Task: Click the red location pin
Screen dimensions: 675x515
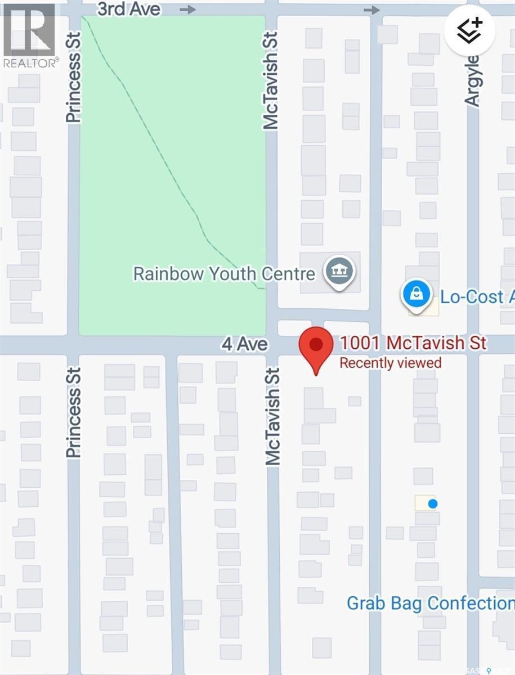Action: point(316,346)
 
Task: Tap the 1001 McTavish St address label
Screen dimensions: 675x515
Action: point(413,343)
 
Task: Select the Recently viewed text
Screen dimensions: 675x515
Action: point(390,363)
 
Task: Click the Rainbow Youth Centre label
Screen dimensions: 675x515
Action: point(224,274)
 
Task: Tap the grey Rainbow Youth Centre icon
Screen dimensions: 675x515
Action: point(339,272)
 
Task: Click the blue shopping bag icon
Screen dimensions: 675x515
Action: point(416,295)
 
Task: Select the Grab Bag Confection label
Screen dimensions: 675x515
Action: point(430,604)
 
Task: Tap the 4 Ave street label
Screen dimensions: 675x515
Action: point(244,344)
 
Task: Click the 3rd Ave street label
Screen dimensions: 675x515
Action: point(128,9)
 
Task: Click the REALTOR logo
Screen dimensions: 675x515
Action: point(29,35)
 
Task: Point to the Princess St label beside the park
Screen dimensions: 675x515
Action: point(74,77)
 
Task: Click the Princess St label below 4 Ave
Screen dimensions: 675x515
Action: point(74,412)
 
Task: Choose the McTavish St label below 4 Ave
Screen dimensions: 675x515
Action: point(273,416)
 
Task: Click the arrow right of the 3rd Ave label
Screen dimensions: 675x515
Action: point(188,10)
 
